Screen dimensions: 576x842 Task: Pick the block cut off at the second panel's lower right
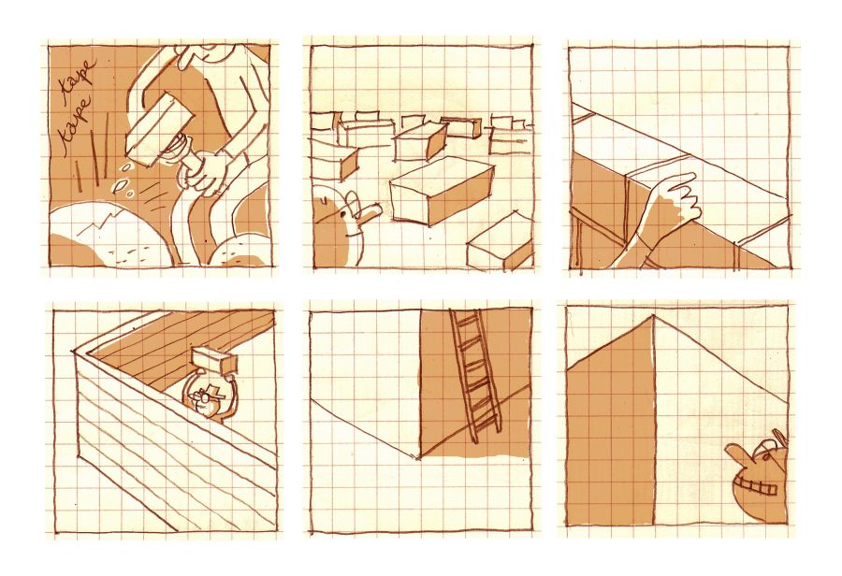tap(501, 242)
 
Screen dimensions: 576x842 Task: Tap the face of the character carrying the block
tap(208, 397)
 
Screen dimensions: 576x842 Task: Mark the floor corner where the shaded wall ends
tap(418, 457)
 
